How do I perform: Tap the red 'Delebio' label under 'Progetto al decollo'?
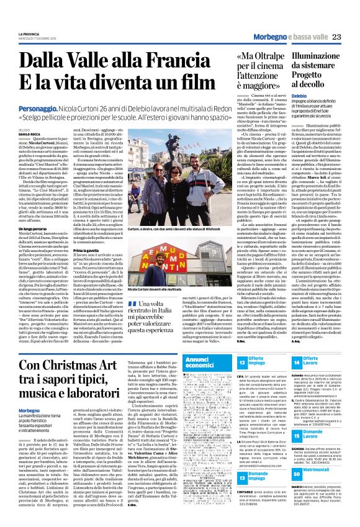[x=283, y=96]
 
